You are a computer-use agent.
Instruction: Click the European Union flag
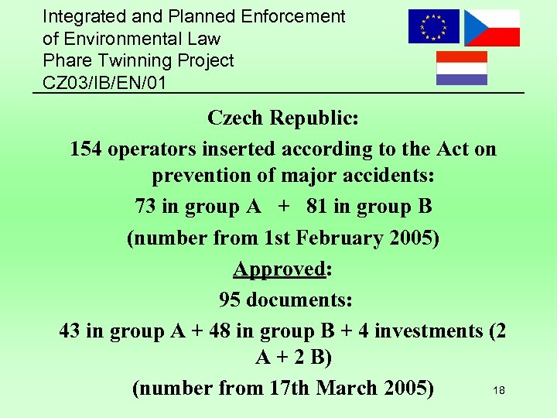(x=434, y=26)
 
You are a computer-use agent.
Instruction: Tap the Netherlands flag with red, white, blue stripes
(x=462, y=68)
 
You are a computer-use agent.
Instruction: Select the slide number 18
(x=499, y=391)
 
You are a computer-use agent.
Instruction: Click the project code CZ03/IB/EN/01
(x=104, y=82)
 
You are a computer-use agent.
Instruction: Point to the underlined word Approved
(x=279, y=269)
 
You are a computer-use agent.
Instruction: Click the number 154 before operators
(x=86, y=149)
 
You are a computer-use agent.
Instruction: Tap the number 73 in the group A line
(x=145, y=207)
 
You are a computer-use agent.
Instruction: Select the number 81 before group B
(x=317, y=207)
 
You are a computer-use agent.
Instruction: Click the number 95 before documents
(x=231, y=299)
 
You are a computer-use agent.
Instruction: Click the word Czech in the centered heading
(x=235, y=118)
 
